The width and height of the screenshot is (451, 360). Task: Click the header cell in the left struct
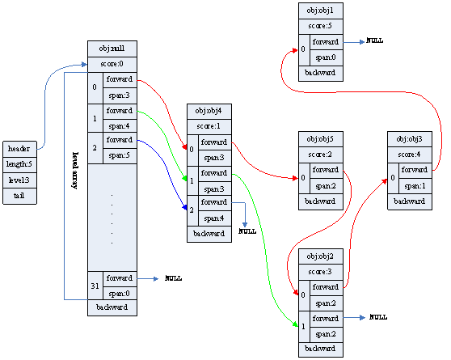click(x=19, y=149)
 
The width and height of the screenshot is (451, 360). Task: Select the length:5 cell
click(x=19, y=164)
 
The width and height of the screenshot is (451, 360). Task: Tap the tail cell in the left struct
click(x=19, y=196)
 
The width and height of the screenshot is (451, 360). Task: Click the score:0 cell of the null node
click(x=112, y=64)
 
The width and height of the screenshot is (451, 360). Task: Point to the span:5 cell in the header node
click(x=120, y=155)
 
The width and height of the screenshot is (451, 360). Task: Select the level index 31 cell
click(x=95, y=285)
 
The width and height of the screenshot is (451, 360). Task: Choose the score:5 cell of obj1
click(x=320, y=25)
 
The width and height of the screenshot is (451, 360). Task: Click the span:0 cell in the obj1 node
click(x=325, y=57)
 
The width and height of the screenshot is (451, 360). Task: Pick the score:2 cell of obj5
click(x=320, y=155)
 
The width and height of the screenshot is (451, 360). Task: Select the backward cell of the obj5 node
click(x=320, y=201)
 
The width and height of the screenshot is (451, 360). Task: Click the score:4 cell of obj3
click(x=410, y=154)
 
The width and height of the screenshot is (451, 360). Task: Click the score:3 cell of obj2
click(x=320, y=271)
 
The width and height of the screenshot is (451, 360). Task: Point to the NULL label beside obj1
click(x=375, y=40)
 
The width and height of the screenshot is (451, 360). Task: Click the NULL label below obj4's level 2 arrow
click(x=247, y=231)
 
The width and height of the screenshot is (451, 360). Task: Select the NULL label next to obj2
click(x=378, y=318)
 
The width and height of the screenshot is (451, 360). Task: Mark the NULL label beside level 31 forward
click(x=174, y=278)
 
